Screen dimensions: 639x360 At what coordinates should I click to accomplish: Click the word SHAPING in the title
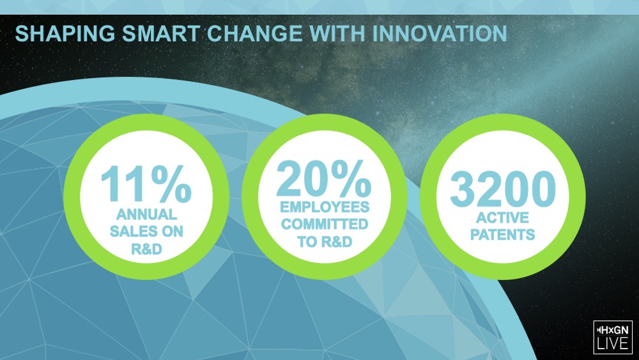[65, 33]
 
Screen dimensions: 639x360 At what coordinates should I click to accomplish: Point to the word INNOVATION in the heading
[440, 33]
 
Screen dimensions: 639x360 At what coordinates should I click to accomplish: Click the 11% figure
[146, 184]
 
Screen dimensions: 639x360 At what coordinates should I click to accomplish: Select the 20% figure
[324, 178]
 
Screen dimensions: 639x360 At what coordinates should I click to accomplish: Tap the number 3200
[503, 189]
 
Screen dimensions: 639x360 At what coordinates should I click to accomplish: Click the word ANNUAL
[147, 214]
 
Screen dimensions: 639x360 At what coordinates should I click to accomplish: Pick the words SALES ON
[147, 231]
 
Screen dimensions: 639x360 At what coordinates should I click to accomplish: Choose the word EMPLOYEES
[325, 207]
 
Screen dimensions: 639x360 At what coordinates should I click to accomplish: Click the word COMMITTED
[325, 224]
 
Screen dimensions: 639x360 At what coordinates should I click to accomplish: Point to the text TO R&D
[325, 242]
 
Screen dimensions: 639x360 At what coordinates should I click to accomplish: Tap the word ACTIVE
[502, 217]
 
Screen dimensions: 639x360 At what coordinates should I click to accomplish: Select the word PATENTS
[502, 235]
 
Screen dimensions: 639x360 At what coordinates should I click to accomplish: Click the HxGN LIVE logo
[613, 337]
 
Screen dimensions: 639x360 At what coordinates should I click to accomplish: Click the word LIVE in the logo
[613, 343]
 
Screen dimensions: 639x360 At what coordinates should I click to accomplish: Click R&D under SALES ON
[147, 249]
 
